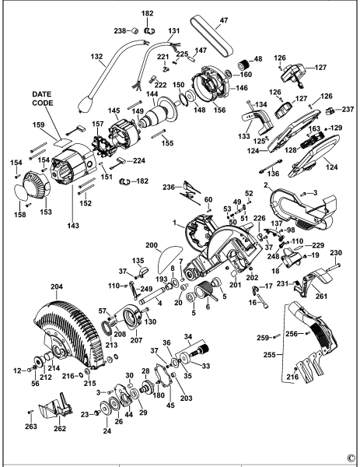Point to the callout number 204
(57, 286)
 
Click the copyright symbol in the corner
(351, 458)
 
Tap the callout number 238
(120, 30)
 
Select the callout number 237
(348, 101)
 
